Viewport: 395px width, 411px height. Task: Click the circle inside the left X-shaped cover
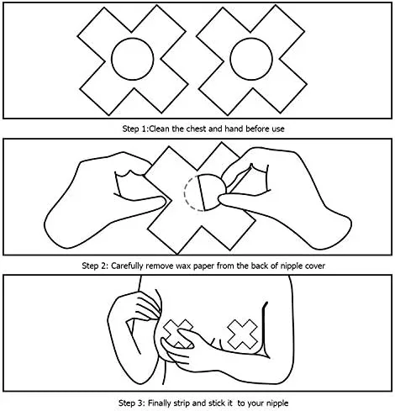112,59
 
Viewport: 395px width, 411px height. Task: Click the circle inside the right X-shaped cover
230,59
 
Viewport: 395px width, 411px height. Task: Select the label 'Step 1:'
135,129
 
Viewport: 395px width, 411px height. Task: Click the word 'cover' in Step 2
315,266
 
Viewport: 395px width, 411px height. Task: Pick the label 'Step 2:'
95,266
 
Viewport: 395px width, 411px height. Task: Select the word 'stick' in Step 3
217,403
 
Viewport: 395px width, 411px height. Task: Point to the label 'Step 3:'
132,403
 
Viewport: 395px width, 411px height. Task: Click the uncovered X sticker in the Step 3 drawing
242,335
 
